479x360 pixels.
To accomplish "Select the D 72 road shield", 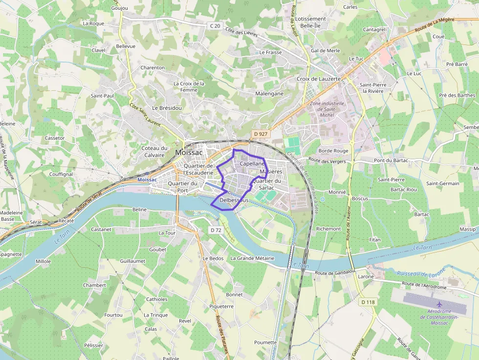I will coord(216,230).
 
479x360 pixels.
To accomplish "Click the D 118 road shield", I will coord(369,302).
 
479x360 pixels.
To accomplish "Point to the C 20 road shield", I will coord(215,25).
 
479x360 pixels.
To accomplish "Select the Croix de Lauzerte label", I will coord(319,79).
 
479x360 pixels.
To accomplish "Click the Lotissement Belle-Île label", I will coord(310,22).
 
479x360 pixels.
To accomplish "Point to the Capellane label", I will coord(252,164).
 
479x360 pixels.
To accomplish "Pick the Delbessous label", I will coord(235,200).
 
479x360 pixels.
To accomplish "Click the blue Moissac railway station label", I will coord(147,179).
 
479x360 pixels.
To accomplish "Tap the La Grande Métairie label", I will coord(252,258).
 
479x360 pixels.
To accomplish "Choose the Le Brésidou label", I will coord(167,107).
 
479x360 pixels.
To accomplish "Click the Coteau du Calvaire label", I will coord(154,151).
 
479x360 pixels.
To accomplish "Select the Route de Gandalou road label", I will coord(334,273).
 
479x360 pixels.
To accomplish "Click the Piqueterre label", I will coord(221,306).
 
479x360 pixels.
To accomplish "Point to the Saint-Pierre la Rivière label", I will coord(373,88).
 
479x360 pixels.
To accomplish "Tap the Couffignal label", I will coord(61,174).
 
